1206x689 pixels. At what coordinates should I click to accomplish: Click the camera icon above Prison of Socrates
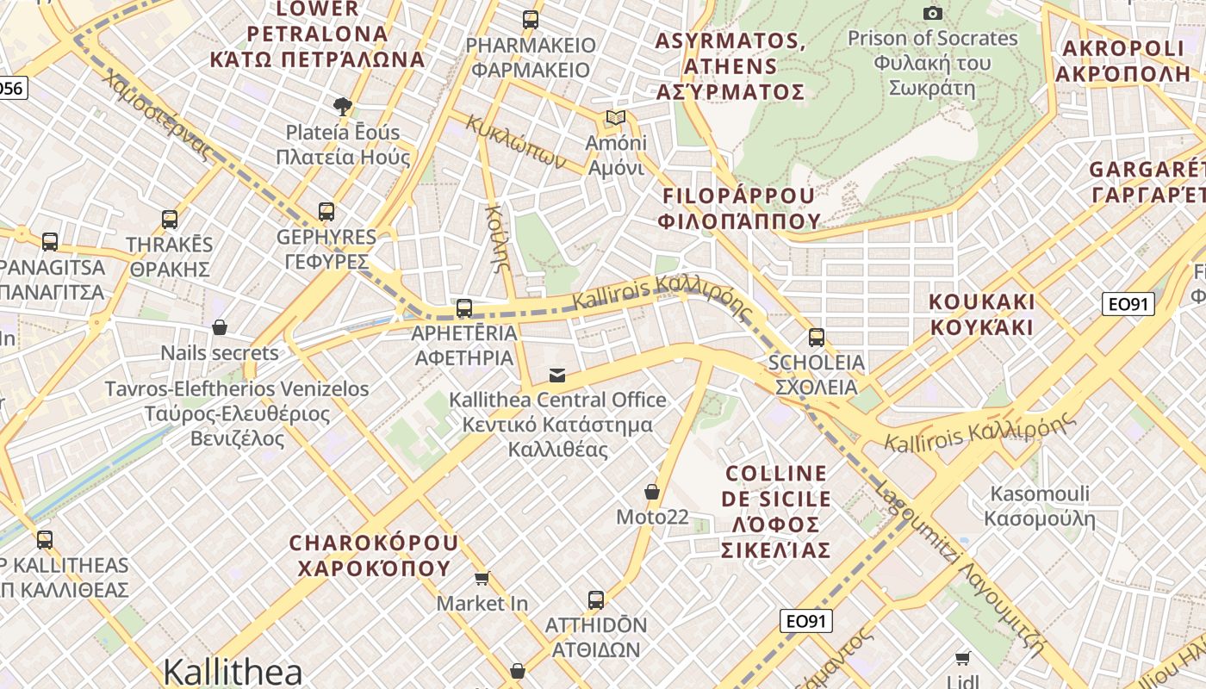pyautogui.click(x=932, y=13)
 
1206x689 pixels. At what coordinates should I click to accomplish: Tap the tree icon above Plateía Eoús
pyautogui.click(x=343, y=107)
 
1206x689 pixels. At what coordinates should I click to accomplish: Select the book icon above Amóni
pyautogui.click(x=615, y=118)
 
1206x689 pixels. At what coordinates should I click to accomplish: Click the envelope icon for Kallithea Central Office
pyautogui.click(x=557, y=375)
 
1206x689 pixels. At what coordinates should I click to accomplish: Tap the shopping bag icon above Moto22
pyautogui.click(x=652, y=492)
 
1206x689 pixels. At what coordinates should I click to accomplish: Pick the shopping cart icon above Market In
pyautogui.click(x=482, y=578)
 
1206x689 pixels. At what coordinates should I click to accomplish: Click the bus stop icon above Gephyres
pyautogui.click(x=326, y=211)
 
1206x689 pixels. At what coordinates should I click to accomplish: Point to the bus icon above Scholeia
pyautogui.click(x=817, y=337)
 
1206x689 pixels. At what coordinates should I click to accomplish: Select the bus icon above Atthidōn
pyautogui.click(x=595, y=599)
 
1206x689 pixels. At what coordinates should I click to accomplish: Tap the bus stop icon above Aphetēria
pyautogui.click(x=464, y=307)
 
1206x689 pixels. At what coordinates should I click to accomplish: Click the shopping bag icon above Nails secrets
pyautogui.click(x=220, y=327)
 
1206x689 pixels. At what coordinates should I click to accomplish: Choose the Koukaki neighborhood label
pyautogui.click(x=981, y=314)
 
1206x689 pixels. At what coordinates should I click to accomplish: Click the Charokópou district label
pyautogui.click(x=374, y=556)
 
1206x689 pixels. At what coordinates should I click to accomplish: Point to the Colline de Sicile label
pyautogui.click(x=776, y=512)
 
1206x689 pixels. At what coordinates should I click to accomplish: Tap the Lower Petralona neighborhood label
pyautogui.click(x=317, y=34)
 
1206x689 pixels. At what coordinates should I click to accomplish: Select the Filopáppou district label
pyautogui.click(x=739, y=208)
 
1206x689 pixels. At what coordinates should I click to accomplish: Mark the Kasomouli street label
pyautogui.click(x=1040, y=506)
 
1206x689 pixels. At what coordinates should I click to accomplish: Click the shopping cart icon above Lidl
pyautogui.click(x=962, y=658)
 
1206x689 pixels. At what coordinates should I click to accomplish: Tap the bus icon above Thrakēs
pyautogui.click(x=170, y=219)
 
